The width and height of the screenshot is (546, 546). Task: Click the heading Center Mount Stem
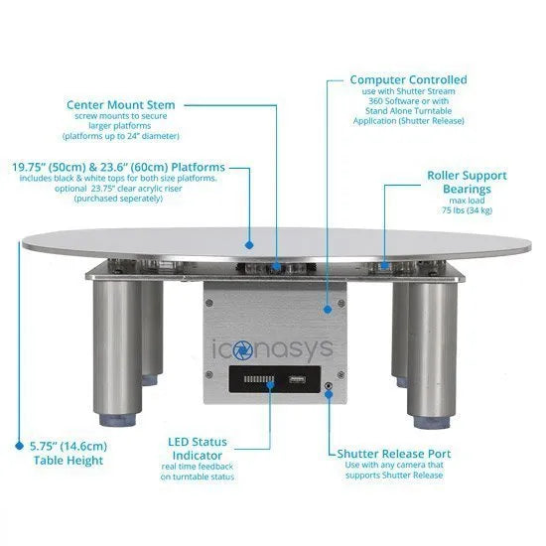[x=121, y=105]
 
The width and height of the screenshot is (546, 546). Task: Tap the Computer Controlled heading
[x=408, y=79]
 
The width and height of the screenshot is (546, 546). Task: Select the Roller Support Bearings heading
[x=467, y=182]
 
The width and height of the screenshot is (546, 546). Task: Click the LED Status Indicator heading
[x=198, y=449]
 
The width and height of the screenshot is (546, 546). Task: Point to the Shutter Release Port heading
[x=394, y=454]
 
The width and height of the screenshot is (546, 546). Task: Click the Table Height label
[x=68, y=461]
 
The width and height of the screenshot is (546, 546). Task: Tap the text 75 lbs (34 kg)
[x=467, y=210]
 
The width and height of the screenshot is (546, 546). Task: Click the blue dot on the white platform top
[x=249, y=245]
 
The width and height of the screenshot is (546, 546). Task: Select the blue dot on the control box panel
[x=328, y=309]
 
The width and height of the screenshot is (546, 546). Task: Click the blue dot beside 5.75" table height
[x=19, y=446]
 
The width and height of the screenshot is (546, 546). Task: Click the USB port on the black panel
[x=297, y=379]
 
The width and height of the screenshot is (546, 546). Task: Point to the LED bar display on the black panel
[x=258, y=379]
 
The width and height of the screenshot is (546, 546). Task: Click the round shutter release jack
[x=328, y=386]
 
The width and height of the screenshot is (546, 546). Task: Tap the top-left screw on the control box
[x=208, y=303]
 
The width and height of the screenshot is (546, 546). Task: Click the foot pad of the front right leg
[x=432, y=422]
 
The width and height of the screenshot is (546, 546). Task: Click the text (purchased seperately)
[x=118, y=199]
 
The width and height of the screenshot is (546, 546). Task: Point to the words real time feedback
[x=198, y=467]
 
